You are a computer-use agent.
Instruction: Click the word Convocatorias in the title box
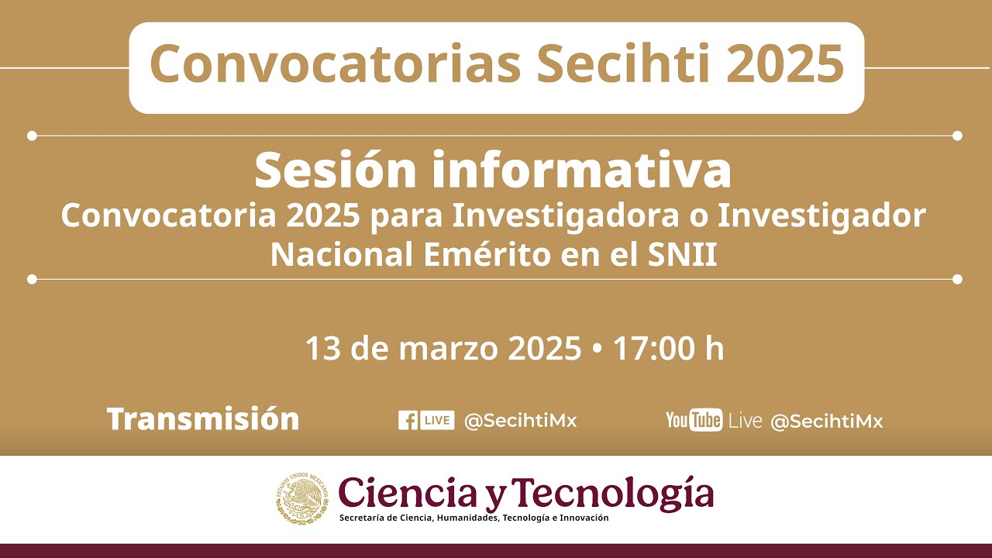335,65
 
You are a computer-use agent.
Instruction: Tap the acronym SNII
682,255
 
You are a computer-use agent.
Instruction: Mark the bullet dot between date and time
596,350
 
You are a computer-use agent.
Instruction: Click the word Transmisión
203,419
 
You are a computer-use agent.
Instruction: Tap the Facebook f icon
408,420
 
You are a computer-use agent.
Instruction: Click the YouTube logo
694,420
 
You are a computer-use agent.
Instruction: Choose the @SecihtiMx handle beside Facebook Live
520,421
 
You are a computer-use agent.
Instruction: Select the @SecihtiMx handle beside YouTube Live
826,422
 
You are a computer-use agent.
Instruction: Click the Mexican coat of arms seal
301,498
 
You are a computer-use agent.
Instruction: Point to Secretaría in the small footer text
363,518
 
